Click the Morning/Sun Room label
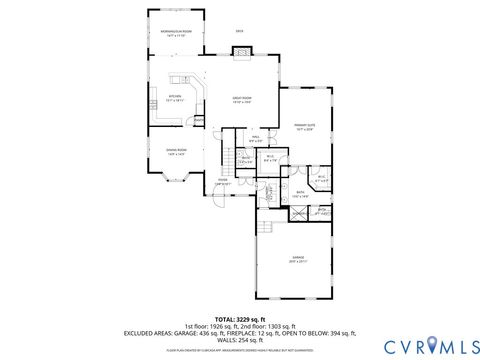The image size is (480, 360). [178, 34]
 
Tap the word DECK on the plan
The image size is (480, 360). [240, 32]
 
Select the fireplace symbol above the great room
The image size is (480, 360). [240, 51]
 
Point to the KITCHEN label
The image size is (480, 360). [174, 98]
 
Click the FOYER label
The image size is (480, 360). [222, 181]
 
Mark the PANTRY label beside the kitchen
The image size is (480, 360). [199, 120]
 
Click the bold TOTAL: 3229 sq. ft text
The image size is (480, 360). [240, 318]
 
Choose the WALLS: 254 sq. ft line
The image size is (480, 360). [240, 339]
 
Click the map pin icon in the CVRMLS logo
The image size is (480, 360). [432, 345]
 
